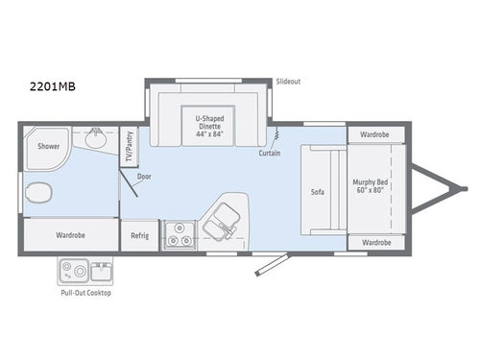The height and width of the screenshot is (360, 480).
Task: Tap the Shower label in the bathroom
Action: [49, 147]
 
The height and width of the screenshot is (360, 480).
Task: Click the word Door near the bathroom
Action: [144, 177]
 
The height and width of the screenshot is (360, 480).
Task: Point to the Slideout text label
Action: [288, 82]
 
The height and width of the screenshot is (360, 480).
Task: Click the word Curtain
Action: [270, 154]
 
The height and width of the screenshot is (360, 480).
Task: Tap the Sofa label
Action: [318, 191]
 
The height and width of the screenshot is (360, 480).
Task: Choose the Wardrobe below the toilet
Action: [71, 233]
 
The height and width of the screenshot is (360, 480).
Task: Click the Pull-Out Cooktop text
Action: [85, 292]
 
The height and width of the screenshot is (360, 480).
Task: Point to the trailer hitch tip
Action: [462, 188]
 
